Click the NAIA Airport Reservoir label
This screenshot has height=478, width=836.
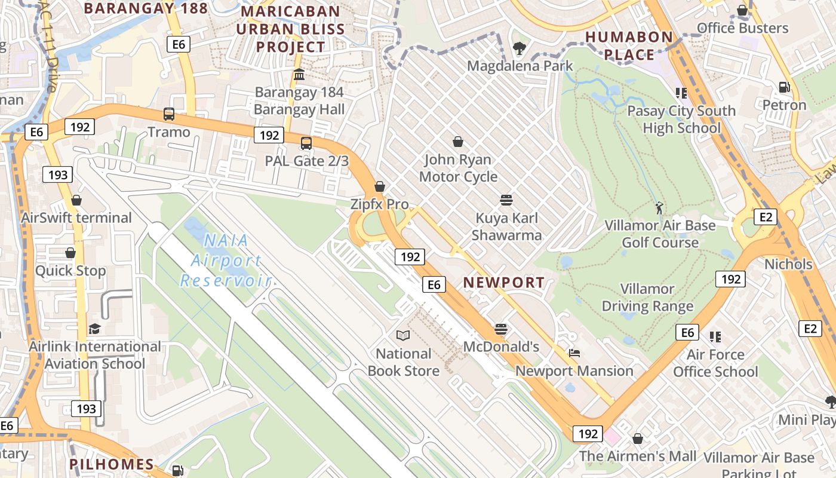tap(226, 261)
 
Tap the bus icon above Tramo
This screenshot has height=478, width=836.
tap(169, 114)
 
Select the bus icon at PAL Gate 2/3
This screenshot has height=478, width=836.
tap(306, 143)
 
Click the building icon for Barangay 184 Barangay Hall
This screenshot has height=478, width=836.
tap(299, 75)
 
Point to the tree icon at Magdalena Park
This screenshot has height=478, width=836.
tap(520, 48)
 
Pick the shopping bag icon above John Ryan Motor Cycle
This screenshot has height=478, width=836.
tap(458, 142)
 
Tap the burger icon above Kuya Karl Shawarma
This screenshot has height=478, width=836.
tap(506, 200)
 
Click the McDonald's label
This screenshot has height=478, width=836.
tap(501, 347)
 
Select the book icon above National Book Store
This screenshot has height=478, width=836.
tap(404, 336)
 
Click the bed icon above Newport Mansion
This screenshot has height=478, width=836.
tap(574, 353)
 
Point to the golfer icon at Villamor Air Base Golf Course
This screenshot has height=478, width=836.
tap(659, 208)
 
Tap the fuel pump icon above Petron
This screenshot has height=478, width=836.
tap(784, 87)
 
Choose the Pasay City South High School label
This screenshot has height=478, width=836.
tap(681, 119)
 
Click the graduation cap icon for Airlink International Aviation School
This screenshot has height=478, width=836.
tap(94, 329)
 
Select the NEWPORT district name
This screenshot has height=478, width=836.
tap(504, 283)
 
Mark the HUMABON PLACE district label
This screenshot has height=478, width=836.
tap(629, 46)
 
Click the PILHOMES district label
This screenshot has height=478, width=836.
tap(111, 464)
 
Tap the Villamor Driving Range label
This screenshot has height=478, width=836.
tap(647, 298)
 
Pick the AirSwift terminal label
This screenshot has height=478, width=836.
tap(76, 217)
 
